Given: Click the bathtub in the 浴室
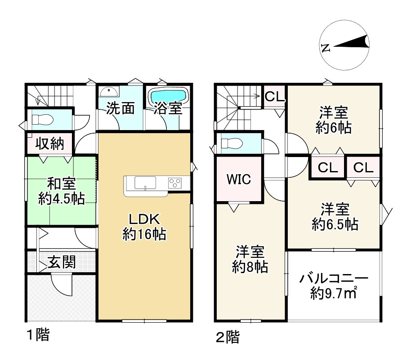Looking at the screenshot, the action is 168,96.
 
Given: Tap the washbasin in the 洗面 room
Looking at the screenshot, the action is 108,91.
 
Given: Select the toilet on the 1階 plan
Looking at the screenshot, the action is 42,120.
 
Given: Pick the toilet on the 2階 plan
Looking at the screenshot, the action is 232,143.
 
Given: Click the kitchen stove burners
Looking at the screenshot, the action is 174,182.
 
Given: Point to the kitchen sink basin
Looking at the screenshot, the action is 145,183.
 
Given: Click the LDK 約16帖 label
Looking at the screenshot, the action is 144,227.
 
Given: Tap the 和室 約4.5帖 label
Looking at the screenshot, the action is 62,191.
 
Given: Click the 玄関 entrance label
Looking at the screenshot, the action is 62,262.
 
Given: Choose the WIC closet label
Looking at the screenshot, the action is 238,179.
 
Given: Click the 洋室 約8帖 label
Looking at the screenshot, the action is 250,259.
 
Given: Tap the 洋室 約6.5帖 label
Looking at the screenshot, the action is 335,216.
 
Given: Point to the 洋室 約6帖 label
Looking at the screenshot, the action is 333,120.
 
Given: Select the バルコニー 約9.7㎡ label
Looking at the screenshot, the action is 334,286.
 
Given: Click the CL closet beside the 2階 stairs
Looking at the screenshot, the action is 274,97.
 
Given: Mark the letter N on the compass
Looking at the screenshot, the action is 326,48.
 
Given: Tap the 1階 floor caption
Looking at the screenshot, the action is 38,335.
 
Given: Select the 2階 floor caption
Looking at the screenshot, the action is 228,337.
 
